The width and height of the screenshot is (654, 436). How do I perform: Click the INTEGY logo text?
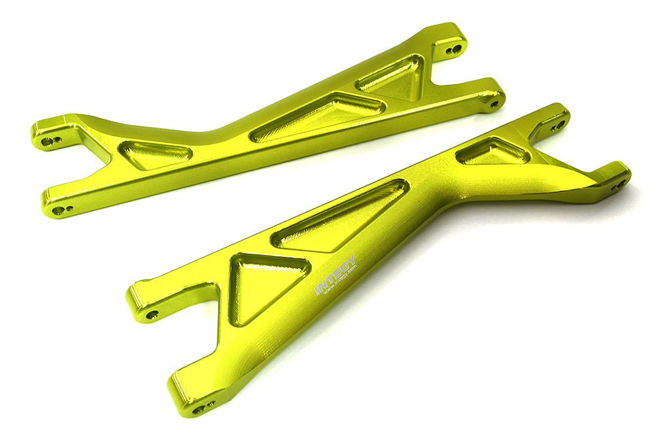(335, 274)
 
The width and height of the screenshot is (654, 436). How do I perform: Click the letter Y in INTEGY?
(351, 260)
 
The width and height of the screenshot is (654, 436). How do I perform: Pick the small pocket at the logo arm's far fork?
(492, 152)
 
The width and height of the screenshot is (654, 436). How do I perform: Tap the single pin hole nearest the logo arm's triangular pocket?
(152, 314)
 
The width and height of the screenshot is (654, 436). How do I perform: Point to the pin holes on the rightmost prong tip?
(618, 185)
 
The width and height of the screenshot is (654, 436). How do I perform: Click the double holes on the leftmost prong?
(50, 140)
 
